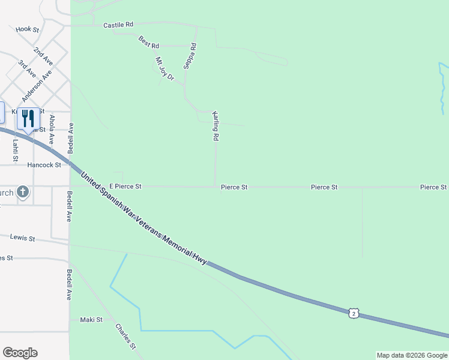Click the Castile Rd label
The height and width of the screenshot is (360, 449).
tap(118, 25)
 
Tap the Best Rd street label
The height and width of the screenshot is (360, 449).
tap(148, 43)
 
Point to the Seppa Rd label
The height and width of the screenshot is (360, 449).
tap(190, 56)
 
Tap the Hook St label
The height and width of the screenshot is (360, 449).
tap(28, 29)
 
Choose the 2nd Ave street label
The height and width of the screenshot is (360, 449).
tap(43, 56)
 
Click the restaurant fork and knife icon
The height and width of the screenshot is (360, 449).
tap(28, 119)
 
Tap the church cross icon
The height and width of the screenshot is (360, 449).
tap(23, 192)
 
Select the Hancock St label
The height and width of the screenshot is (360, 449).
tap(44, 165)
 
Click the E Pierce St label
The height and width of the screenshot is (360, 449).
tap(125, 187)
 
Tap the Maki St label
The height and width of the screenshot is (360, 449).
tap(91, 320)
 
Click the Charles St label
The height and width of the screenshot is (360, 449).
tap(126, 337)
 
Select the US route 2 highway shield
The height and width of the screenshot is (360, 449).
tap(354, 313)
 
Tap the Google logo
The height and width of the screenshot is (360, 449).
tap(20, 353)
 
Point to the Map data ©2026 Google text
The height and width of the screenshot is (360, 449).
tap(412, 355)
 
